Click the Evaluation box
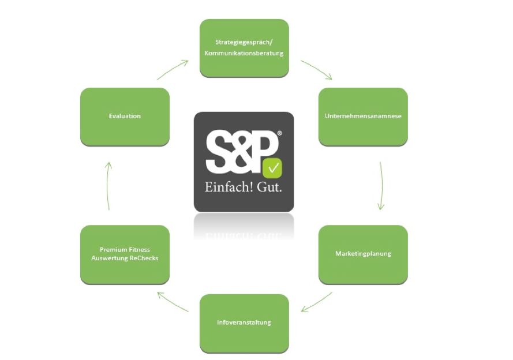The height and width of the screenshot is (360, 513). (125, 117)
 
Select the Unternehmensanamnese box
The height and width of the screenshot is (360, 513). (363, 117)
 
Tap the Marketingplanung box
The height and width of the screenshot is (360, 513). (363, 254)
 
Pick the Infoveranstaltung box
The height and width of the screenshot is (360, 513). (244, 324)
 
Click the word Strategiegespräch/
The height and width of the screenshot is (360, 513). (244, 42)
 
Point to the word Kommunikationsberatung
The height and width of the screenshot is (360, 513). (244, 53)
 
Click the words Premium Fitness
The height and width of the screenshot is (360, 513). (125, 249)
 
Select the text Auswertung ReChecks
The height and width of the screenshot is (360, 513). (125, 258)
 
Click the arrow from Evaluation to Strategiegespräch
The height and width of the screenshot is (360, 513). (173, 69)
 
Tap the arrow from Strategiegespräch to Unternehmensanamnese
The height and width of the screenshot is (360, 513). (317, 69)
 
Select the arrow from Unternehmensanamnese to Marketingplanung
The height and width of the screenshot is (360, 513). (381, 185)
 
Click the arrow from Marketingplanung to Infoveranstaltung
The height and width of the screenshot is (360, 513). (316, 302)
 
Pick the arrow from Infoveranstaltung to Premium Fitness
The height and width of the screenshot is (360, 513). (173, 302)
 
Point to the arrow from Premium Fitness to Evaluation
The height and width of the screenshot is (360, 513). (107, 186)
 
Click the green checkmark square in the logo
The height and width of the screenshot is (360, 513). (272, 168)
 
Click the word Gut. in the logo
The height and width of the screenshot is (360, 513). (269, 187)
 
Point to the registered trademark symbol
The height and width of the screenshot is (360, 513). (279, 133)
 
